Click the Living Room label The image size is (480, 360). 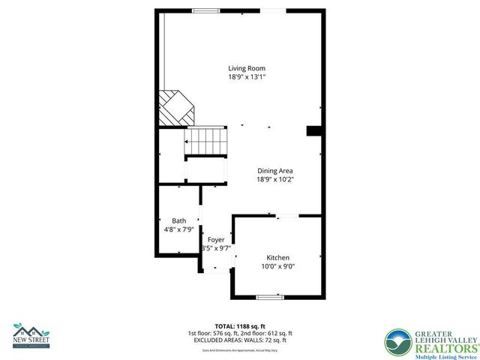[x=247, y=68]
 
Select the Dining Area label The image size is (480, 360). [x=274, y=171]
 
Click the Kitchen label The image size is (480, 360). [x=277, y=257]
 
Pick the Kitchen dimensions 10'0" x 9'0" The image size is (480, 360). [x=277, y=266]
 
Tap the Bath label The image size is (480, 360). [x=178, y=220]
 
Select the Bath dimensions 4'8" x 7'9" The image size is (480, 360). [x=178, y=229]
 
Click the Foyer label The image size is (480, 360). [x=216, y=240]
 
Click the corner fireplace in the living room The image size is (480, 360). [x=175, y=109]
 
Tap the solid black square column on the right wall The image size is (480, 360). [x=313, y=130]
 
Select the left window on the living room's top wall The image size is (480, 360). [x=205, y=10]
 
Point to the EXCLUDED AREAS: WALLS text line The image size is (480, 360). [x=239, y=340]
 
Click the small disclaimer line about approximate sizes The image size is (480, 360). [x=239, y=349]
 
